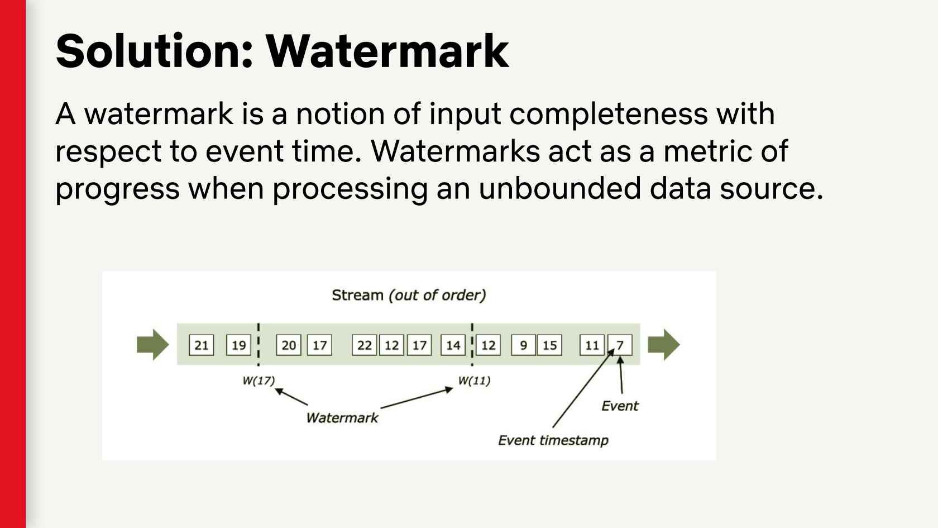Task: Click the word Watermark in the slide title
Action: pos(387,51)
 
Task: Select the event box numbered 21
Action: pos(201,345)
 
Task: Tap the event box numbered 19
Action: pos(238,345)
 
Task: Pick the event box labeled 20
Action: pos(289,345)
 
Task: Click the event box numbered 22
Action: pos(364,345)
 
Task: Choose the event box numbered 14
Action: pos(453,345)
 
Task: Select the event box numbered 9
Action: pos(523,345)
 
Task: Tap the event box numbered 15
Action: pos(549,345)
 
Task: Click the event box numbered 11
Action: pos(592,345)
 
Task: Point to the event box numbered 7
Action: pos(620,345)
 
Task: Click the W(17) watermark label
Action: pos(259,380)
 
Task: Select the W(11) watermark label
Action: pos(474,380)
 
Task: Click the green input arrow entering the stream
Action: pos(152,344)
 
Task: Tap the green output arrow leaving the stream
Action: pos(664,344)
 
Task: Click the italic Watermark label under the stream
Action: pos(342,417)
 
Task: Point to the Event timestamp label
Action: pos(553,440)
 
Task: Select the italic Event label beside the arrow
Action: pos(620,406)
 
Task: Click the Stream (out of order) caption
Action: pos(409,295)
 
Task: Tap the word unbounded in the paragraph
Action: pos(559,188)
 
